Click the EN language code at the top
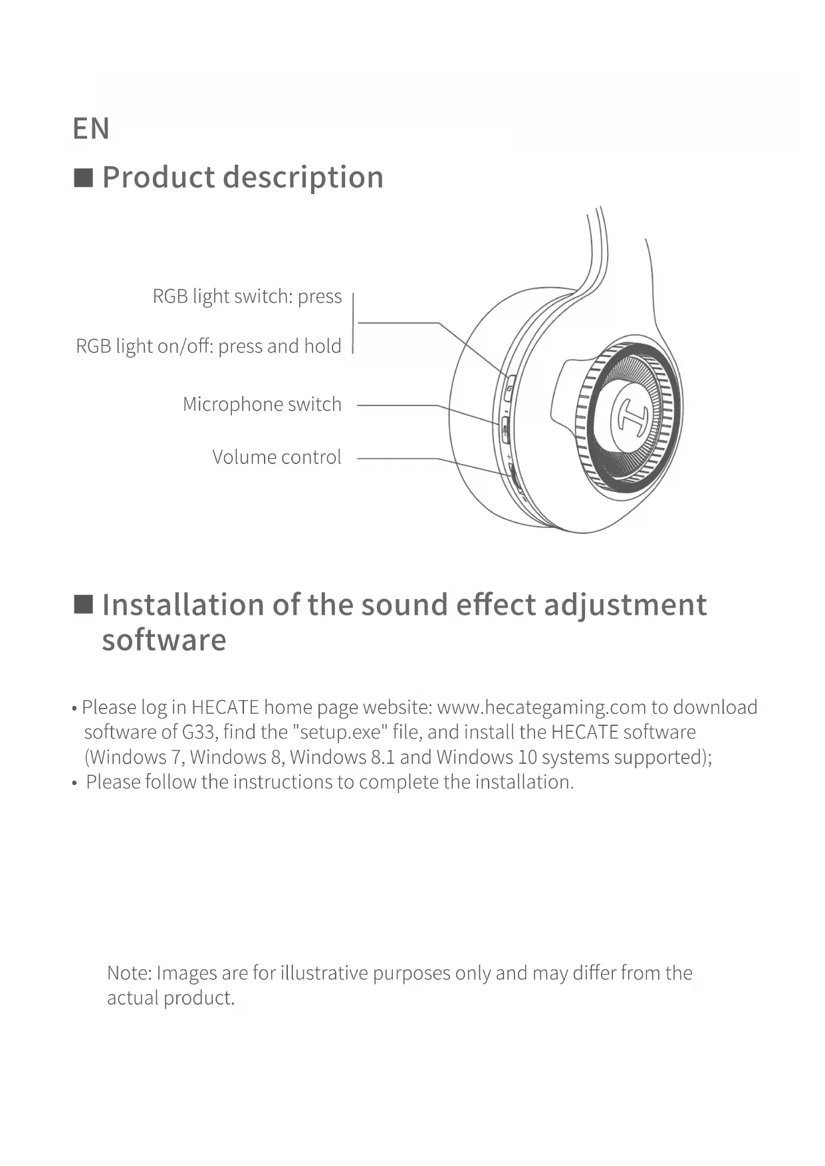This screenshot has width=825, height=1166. tap(91, 129)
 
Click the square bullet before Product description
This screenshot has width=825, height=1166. tap(83, 178)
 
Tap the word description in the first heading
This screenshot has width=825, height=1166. tap(303, 178)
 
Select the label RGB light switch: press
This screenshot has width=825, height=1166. tap(247, 296)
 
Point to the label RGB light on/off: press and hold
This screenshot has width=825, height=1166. tap(209, 346)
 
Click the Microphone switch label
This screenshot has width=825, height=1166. tap(262, 404)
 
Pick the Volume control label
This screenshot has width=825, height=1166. tap(277, 457)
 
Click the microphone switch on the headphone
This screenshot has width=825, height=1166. tap(505, 429)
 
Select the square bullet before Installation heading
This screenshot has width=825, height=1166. tap(83, 604)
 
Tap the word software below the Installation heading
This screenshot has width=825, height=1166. tap(164, 640)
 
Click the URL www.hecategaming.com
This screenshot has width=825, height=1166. tap(541, 707)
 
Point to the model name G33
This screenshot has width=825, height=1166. tap(198, 732)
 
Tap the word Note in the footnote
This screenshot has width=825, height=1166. tap(130, 973)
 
